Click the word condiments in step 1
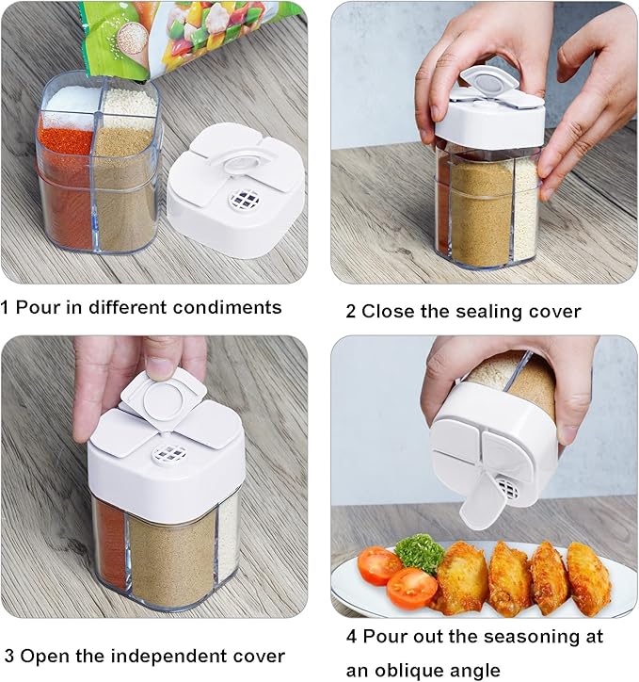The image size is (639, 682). (227, 307)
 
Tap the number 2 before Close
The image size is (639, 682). (351, 312)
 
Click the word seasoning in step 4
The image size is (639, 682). (527, 638)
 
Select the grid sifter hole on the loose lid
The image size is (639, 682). (244, 199)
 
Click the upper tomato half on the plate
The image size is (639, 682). (379, 566)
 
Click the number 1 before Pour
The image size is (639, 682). (5, 307)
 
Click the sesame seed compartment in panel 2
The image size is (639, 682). (527, 209)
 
